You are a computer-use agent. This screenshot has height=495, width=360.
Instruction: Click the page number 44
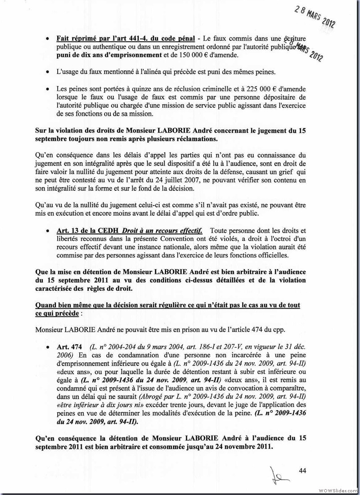302,471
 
